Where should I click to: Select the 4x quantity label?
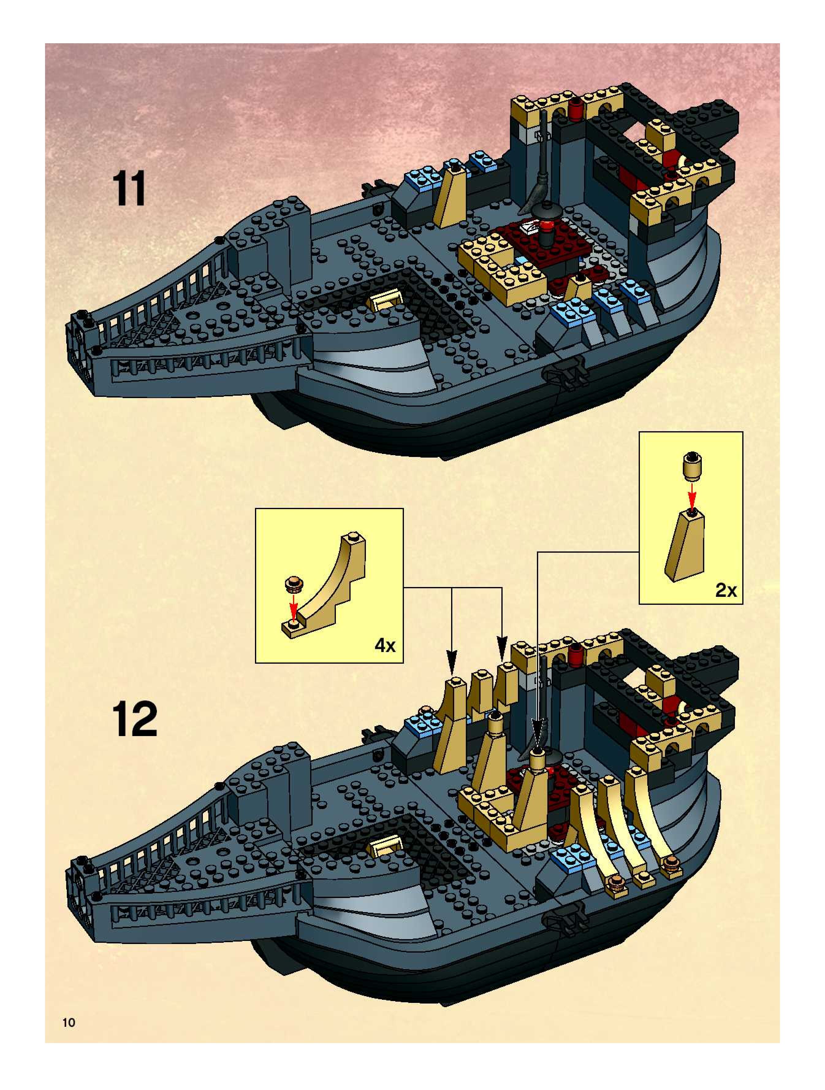pyautogui.click(x=385, y=645)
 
